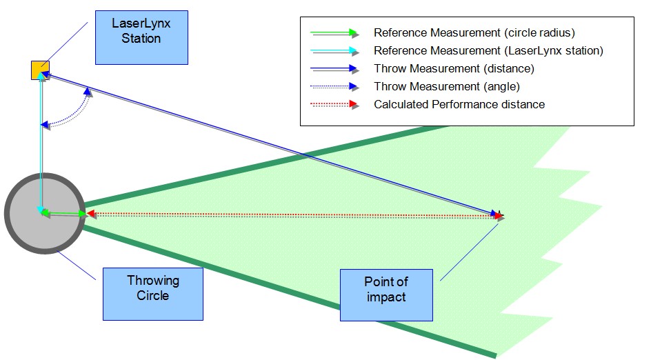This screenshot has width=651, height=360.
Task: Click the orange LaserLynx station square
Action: [40, 70]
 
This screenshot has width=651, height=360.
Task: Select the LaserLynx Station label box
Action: [141, 32]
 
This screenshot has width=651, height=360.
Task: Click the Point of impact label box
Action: [386, 294]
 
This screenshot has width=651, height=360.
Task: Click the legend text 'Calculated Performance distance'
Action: [459, 105]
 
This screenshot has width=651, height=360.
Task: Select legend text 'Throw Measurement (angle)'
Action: [446, 87]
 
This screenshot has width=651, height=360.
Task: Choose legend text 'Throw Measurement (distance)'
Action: [453, 69]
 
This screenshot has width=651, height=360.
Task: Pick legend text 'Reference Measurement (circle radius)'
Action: [474, 32]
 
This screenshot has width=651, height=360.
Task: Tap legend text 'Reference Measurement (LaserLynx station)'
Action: [488, 50]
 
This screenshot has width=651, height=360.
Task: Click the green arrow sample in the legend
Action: [334, 32]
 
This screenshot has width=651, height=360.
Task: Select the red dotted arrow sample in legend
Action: [334, 105]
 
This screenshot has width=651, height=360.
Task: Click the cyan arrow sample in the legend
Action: [334, 50]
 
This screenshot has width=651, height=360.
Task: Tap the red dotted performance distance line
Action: [290, 215]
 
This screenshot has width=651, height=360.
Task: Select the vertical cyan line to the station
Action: [41, 138]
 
